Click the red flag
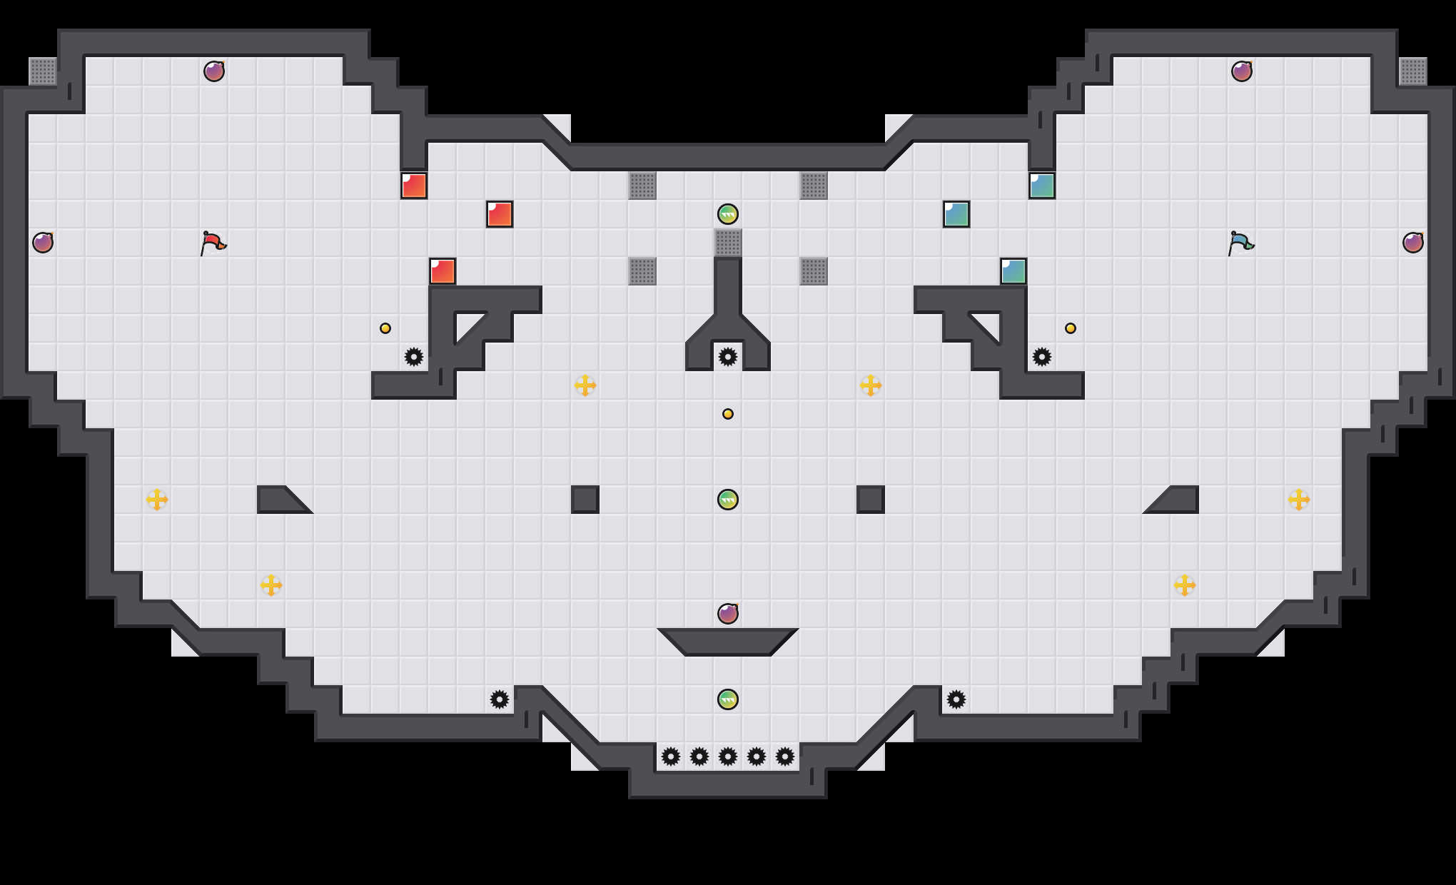[x=213, y=243]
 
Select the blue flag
[x=1240, y=243]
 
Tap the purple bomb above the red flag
[x=214, y=71]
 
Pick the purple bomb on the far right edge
[x=1413, y=243]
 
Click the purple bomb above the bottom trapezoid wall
[x=728, y=614]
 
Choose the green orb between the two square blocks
[x=728, y=500]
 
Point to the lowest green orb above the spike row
[x=728, y=699]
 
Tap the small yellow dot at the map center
[x=728, y=414]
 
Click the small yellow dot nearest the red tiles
[x=385, y=328]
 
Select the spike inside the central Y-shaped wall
[x=728, y=357]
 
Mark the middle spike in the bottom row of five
[x=728, y=757]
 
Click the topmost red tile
[x=414, y=186]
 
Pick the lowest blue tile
[x=1013, y=271]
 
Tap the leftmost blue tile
[x=956, y=214]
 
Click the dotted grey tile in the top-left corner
[x=43, y=71]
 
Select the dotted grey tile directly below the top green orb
[x=728, y=243]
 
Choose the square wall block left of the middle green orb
[x=585, y=500]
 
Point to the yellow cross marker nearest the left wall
[x=157, y=500]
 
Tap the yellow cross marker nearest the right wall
[x=1299, y=500]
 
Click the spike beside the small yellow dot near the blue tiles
[x=1042, y=357]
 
